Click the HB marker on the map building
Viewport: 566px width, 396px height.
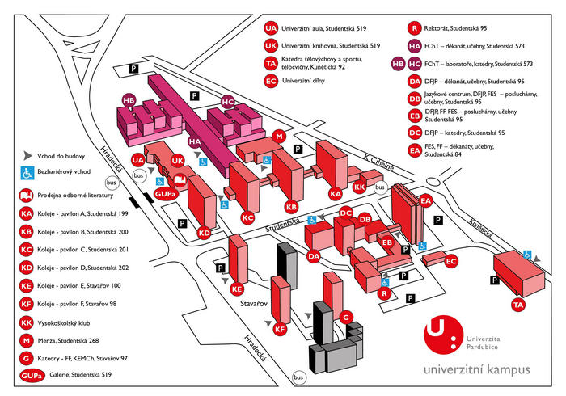(128, 100)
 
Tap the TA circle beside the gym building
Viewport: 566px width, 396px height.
(518, 305)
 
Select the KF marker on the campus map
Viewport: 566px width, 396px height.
(280, 329)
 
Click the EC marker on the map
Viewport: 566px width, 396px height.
(452, 261)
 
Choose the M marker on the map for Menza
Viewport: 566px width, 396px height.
(279, 136)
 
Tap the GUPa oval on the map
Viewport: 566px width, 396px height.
(166, 194)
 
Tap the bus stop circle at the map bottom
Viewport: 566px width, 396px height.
(299, 377)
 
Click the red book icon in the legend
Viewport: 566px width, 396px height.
(27, 195)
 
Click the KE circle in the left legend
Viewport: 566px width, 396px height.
(27, 285)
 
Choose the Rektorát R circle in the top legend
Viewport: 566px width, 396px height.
(415, 27)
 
